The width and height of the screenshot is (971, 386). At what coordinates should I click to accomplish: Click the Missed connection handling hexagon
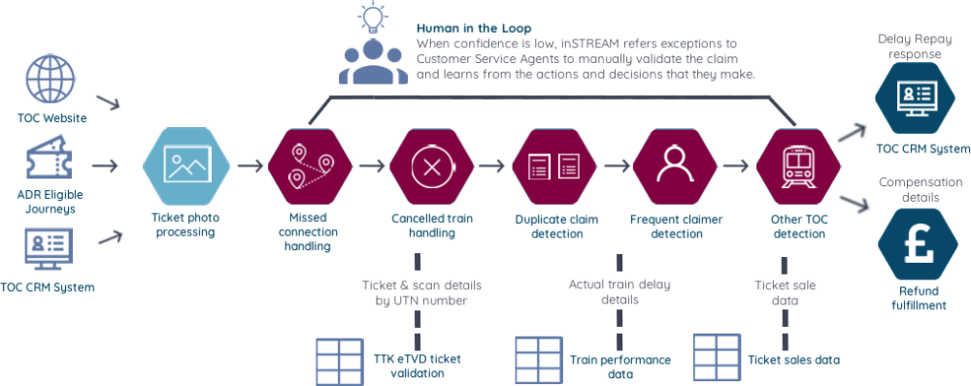(x=307, y=166)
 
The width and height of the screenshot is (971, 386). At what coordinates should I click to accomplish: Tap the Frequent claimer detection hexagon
(x=672, y=166)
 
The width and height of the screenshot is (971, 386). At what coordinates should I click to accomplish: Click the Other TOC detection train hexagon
(x=797, y=166)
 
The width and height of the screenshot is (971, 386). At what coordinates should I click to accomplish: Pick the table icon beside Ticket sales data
(x=716, y=358)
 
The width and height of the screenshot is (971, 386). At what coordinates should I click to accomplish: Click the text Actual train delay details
(x=619, y=292)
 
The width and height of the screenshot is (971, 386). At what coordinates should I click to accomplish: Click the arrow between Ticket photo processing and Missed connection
(x=250, y=166)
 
